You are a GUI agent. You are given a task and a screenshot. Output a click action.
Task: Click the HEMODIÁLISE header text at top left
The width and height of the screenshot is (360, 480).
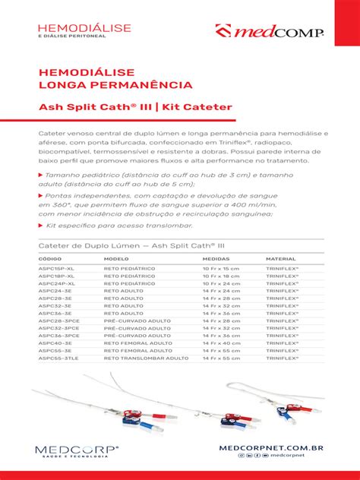pos(84,27)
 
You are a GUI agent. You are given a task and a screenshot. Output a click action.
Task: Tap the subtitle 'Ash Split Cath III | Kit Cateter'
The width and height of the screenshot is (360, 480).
pos(135,107)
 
